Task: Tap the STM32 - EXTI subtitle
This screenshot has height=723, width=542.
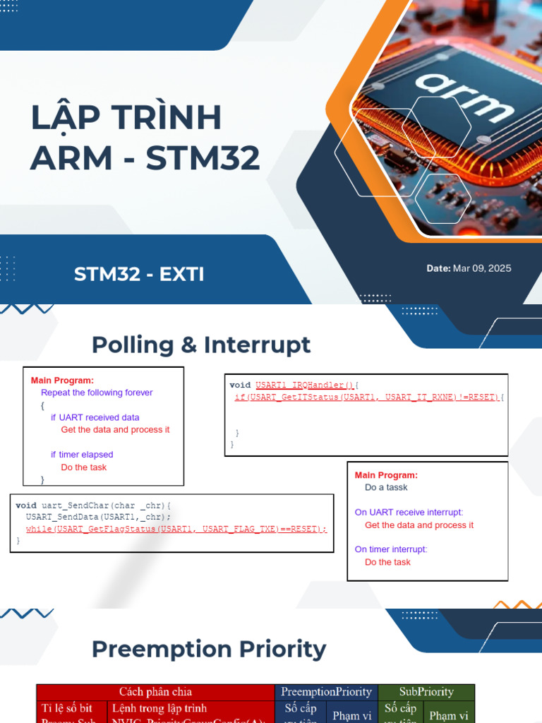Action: coord(139,274)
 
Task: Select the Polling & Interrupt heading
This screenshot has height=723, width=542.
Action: coord(201,345)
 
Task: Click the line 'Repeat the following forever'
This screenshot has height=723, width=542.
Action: coord(97,393)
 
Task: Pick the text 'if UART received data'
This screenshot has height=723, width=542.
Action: coord(95,417)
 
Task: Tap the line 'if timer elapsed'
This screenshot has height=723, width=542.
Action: coord(82,455)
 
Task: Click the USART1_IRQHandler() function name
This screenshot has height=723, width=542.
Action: coord(305,386)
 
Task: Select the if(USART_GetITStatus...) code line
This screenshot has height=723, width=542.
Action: coord(367,398)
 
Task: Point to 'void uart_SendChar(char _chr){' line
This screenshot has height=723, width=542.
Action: coord(94,505)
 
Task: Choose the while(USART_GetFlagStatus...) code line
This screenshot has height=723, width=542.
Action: coord(176,529)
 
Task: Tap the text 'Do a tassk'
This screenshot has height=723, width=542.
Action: coord(386,488)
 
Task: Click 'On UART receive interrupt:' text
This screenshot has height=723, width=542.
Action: coord(409,513)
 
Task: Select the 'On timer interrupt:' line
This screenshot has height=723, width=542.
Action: coord(391,549)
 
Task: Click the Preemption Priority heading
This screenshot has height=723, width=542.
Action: coord(209,649)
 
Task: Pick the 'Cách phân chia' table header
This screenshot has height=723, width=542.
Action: coord(155,692)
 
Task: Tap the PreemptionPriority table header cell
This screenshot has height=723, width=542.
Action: coord(326,692)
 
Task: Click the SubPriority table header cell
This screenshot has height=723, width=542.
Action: coord(426,692)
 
